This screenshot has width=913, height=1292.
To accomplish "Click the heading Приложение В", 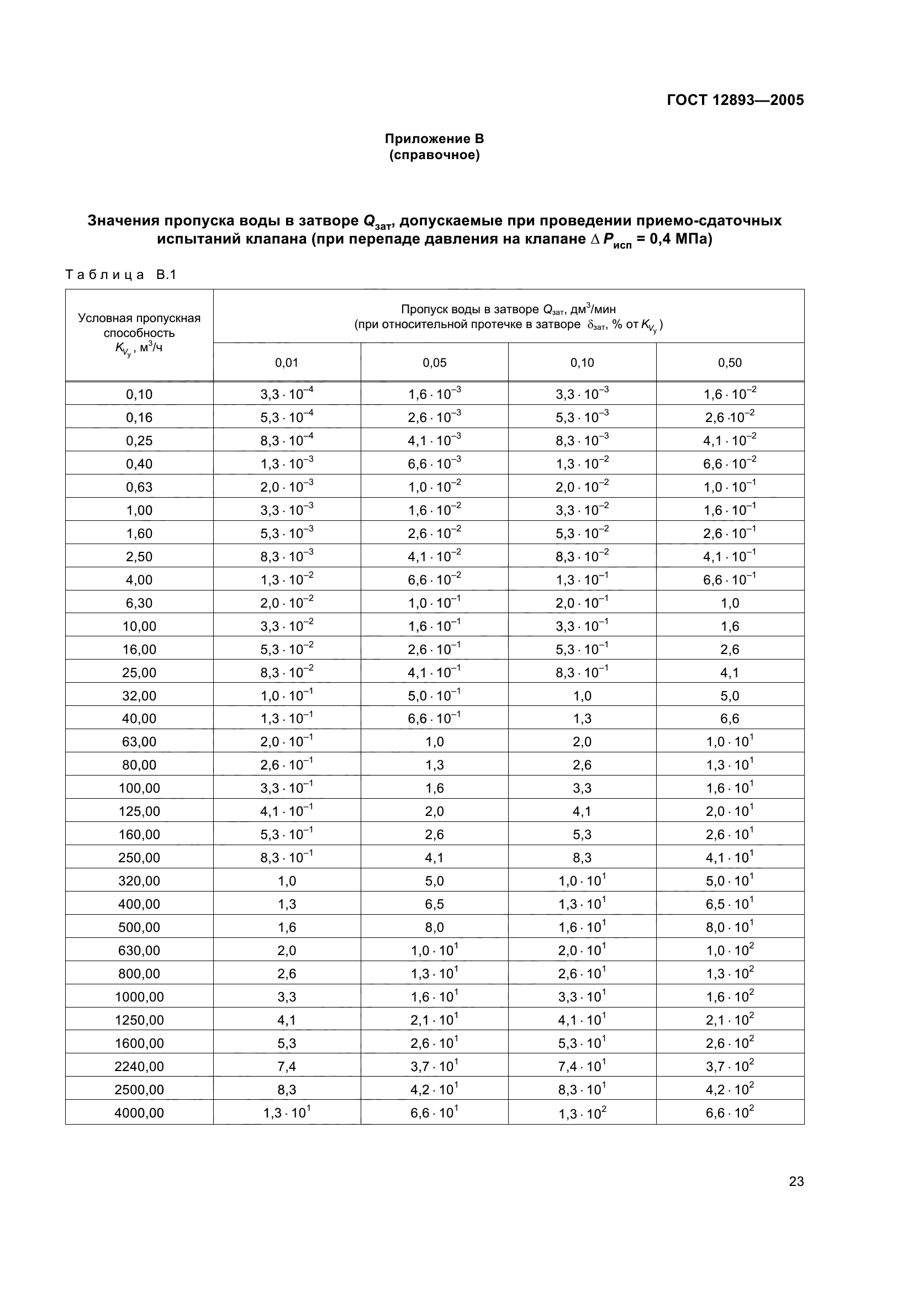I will (x=434, y=139).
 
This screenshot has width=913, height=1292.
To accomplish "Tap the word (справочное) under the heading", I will (x=434, y=155).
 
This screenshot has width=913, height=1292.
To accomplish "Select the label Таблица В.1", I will (x=121, y=275).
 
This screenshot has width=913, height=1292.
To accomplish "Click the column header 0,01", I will (x=286, y=363).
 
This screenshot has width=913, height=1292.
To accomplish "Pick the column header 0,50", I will (x=730, y=363).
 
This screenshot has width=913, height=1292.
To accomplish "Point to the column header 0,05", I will (x=434, y=363).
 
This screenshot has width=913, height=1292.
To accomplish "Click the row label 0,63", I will (x=139, y=487).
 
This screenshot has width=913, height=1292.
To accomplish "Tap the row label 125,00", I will (x=139, y=811).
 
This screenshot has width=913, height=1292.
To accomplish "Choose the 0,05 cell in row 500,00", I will (x=434, y=927).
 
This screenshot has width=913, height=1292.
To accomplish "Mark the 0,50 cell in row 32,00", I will (x=730, y=696).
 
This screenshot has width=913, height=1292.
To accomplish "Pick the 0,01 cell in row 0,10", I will (x=286, y=394).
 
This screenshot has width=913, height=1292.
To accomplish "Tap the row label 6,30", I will (x=139, y=603).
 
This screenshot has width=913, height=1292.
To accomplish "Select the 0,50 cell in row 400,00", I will (x=730, y=904).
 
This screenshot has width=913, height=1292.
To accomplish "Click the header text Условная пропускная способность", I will (x=139, y=325).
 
